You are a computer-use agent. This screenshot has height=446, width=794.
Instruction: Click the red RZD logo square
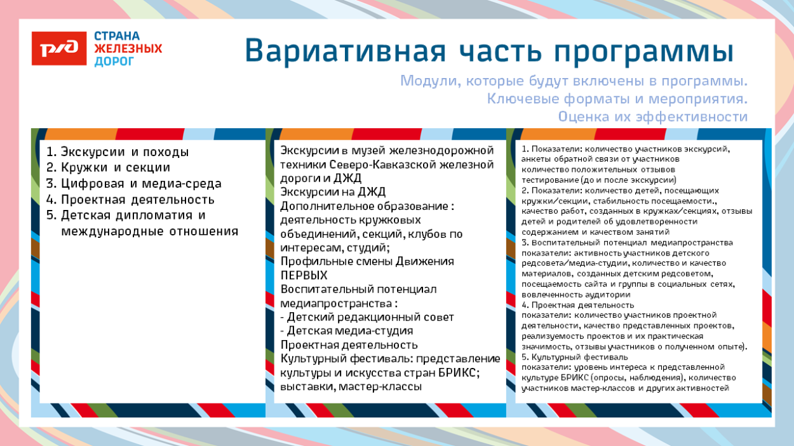59,48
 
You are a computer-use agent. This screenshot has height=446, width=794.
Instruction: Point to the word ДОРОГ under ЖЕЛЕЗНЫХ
114,62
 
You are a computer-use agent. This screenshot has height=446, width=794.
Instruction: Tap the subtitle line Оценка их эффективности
652,117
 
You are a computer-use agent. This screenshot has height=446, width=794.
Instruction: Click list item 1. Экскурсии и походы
118,152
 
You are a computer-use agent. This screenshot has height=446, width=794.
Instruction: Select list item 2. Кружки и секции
108,168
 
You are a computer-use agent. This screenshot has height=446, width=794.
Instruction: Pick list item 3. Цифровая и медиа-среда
133,184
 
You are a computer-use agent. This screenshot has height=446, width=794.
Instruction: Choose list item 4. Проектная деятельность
130,200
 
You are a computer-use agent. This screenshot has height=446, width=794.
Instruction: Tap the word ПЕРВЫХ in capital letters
304,275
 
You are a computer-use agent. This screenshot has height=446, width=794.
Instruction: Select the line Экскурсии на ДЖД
333,192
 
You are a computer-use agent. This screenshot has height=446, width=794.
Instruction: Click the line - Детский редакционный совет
367,317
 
